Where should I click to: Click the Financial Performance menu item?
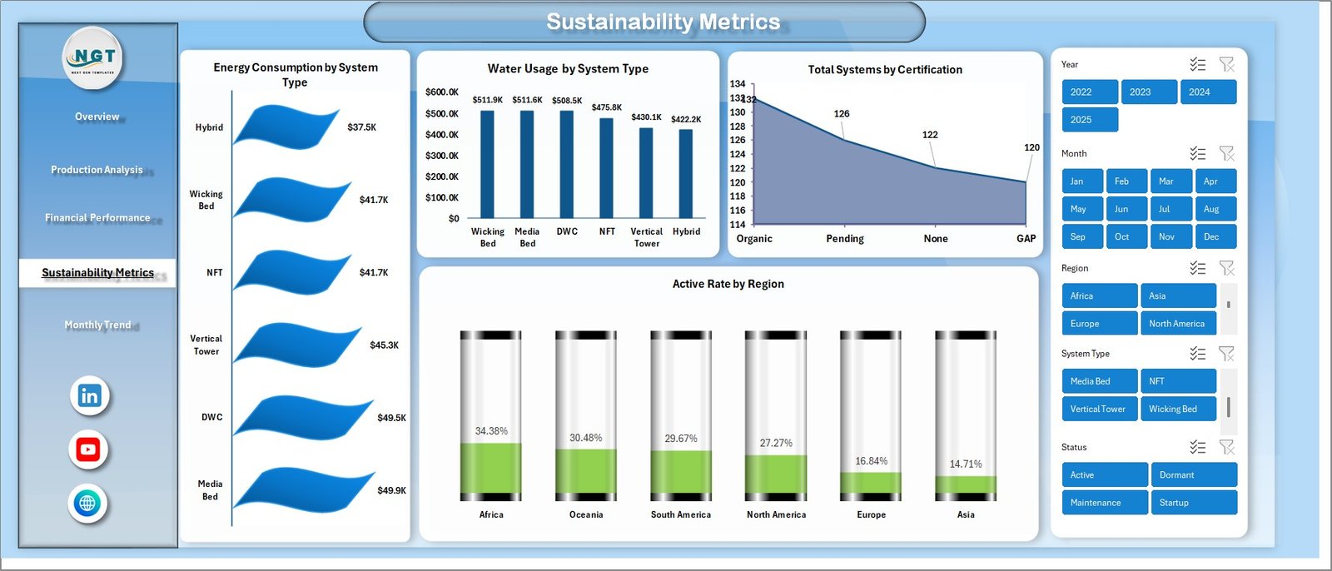(97, 217)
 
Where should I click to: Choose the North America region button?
(1177, 324)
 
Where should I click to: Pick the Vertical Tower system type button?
(1098, 409)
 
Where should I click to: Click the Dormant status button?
(1193, 475)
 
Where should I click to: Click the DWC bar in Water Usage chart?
(567, 164)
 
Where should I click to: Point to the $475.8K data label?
(607, 107)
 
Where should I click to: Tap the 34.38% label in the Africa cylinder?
(491, 431)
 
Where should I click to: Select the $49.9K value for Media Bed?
(391, 490)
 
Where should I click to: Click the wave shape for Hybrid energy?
(287, 127)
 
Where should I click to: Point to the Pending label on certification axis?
(845, 239)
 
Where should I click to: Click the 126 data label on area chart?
(842, 114)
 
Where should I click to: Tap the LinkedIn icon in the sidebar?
(89, 395)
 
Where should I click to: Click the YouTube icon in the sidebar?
(88, 449)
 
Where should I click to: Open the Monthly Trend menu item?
(97, 325)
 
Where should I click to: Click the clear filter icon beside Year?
(1226, 65)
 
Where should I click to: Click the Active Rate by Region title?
(728, 284)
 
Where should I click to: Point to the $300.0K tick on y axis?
(441, 156)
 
